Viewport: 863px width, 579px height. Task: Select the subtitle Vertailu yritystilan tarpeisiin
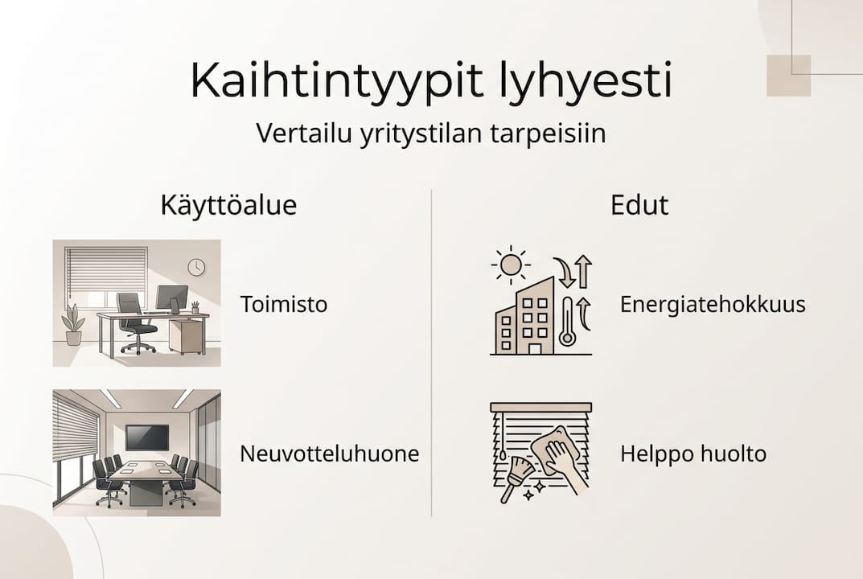coord(431,133)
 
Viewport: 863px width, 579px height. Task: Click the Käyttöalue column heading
coord(229,205)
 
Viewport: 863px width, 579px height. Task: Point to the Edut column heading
coord(639,205)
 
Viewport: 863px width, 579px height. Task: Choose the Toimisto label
coord(283,305)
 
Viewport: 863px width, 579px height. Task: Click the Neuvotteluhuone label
coord(329,454)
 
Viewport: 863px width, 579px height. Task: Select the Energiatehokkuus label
coord(713,305)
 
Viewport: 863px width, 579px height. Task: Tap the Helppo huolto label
coord(692,454)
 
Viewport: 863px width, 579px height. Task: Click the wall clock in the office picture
coord(196,267)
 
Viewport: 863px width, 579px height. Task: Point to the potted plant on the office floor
coord(73,325)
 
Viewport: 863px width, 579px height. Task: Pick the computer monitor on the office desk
coord(172,298)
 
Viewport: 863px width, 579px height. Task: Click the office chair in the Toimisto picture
coord(134,322)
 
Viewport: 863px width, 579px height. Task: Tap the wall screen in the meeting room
coord(147,437)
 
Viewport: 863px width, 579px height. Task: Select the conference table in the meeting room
coord(146,481)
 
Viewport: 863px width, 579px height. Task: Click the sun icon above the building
coord(510,264)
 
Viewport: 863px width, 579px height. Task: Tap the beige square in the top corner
coord(788,76)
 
